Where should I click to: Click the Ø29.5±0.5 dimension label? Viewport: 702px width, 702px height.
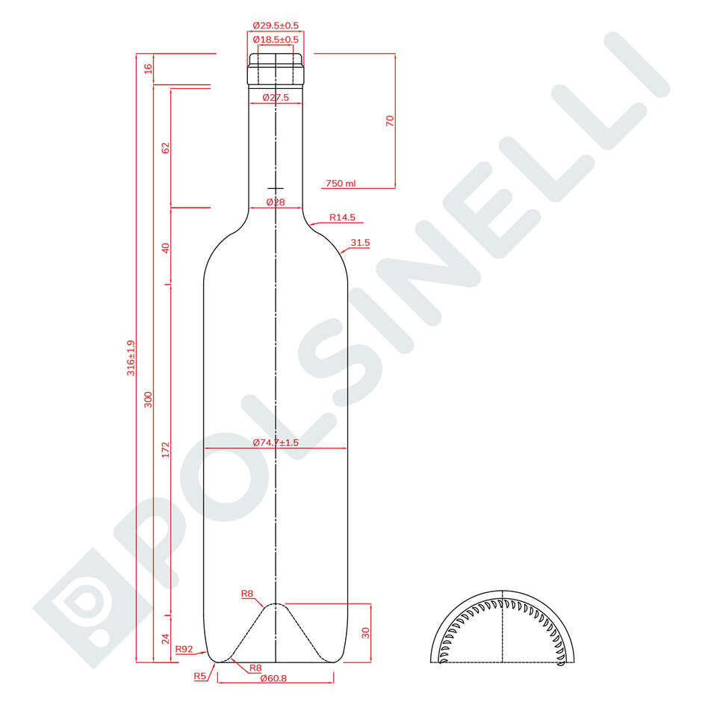(276, 25)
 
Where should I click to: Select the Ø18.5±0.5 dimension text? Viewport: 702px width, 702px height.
(276, 39)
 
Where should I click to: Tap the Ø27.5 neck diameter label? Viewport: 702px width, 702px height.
(276, 98)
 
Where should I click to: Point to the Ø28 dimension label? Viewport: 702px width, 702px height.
(276, 202)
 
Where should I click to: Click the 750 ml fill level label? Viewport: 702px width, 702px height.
(341, 183)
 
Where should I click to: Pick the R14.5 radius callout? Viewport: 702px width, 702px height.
(343, 218)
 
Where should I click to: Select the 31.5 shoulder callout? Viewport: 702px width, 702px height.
(360, 243)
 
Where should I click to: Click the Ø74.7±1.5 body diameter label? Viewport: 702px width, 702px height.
(276, 443)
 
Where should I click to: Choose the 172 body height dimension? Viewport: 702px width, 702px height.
(166, 450)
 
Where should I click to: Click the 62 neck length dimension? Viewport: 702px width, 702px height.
(166, 148)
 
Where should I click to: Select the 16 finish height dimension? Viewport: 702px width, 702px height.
(148, 69)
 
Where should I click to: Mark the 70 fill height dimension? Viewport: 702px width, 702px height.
(389, 121)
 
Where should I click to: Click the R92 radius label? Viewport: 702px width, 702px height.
(184, 650)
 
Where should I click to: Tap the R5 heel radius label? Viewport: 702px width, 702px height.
(199, 676)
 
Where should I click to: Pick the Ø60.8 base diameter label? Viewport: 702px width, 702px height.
(275, 679)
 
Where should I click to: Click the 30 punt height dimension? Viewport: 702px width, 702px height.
(365, 632)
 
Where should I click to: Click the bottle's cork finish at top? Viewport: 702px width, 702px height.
(276, 67)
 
